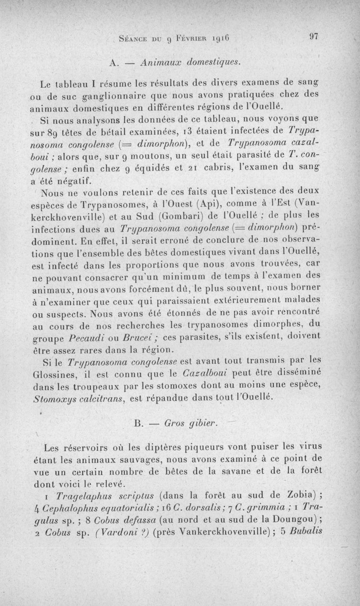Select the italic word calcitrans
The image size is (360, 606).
pos(99,398)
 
